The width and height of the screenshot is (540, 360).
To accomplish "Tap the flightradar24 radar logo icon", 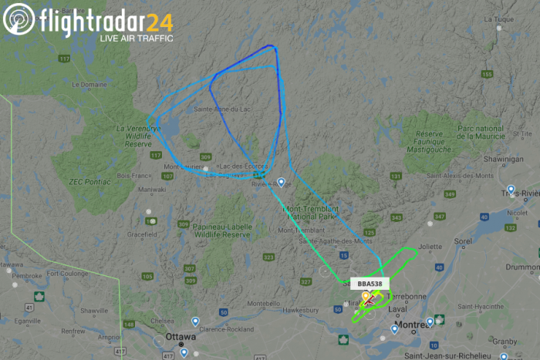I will coord(19,19).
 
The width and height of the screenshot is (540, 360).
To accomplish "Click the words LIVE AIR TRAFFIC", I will coord(136,36).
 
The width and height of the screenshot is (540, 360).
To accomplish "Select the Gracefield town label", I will coord(143,234).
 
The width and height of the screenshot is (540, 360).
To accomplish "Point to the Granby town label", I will coord(505,340).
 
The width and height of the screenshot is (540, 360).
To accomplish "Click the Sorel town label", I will coord(464,241).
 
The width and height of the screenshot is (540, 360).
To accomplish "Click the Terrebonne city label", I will coord(404,295).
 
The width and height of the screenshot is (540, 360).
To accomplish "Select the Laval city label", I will coord(397,309).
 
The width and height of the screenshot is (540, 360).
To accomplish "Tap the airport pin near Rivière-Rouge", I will coord(282,183).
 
